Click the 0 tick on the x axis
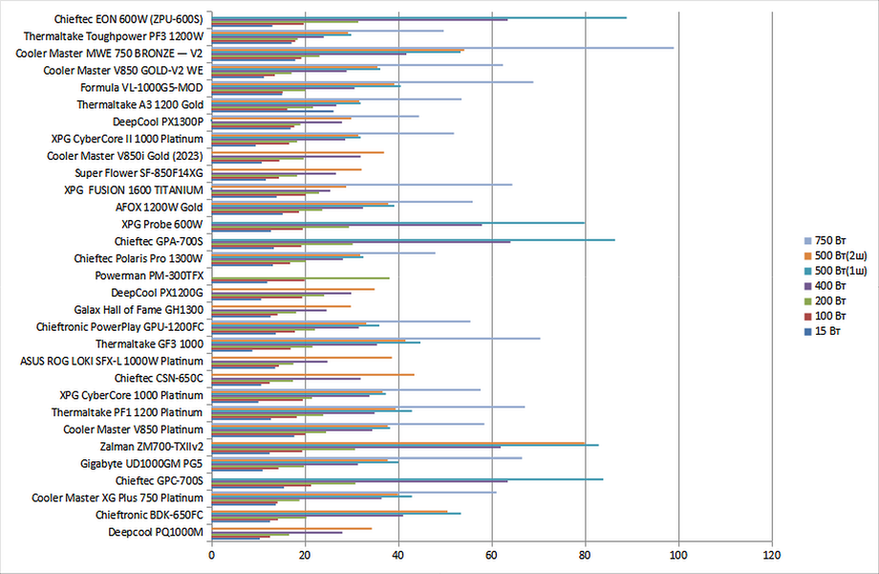[211, 554]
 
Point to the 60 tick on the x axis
[491, 554]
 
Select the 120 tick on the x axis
[772, 554]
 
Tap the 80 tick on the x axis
[585, 554]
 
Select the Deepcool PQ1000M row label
[156, 531]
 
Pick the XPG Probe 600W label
[161, 224]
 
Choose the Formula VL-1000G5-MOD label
[141, 87]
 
